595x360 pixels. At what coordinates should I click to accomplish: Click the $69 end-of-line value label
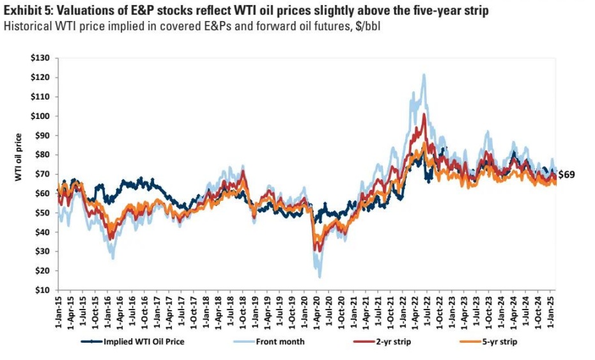[x=566, y=175]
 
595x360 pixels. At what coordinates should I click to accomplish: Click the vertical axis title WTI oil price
[x=19, y=157]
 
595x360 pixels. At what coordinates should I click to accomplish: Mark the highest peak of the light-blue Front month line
[x=424, y=75]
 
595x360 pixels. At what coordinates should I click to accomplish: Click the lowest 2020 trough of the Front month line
[x=319, y=277]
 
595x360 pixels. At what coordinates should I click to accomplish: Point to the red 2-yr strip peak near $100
[x=424, y=114]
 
